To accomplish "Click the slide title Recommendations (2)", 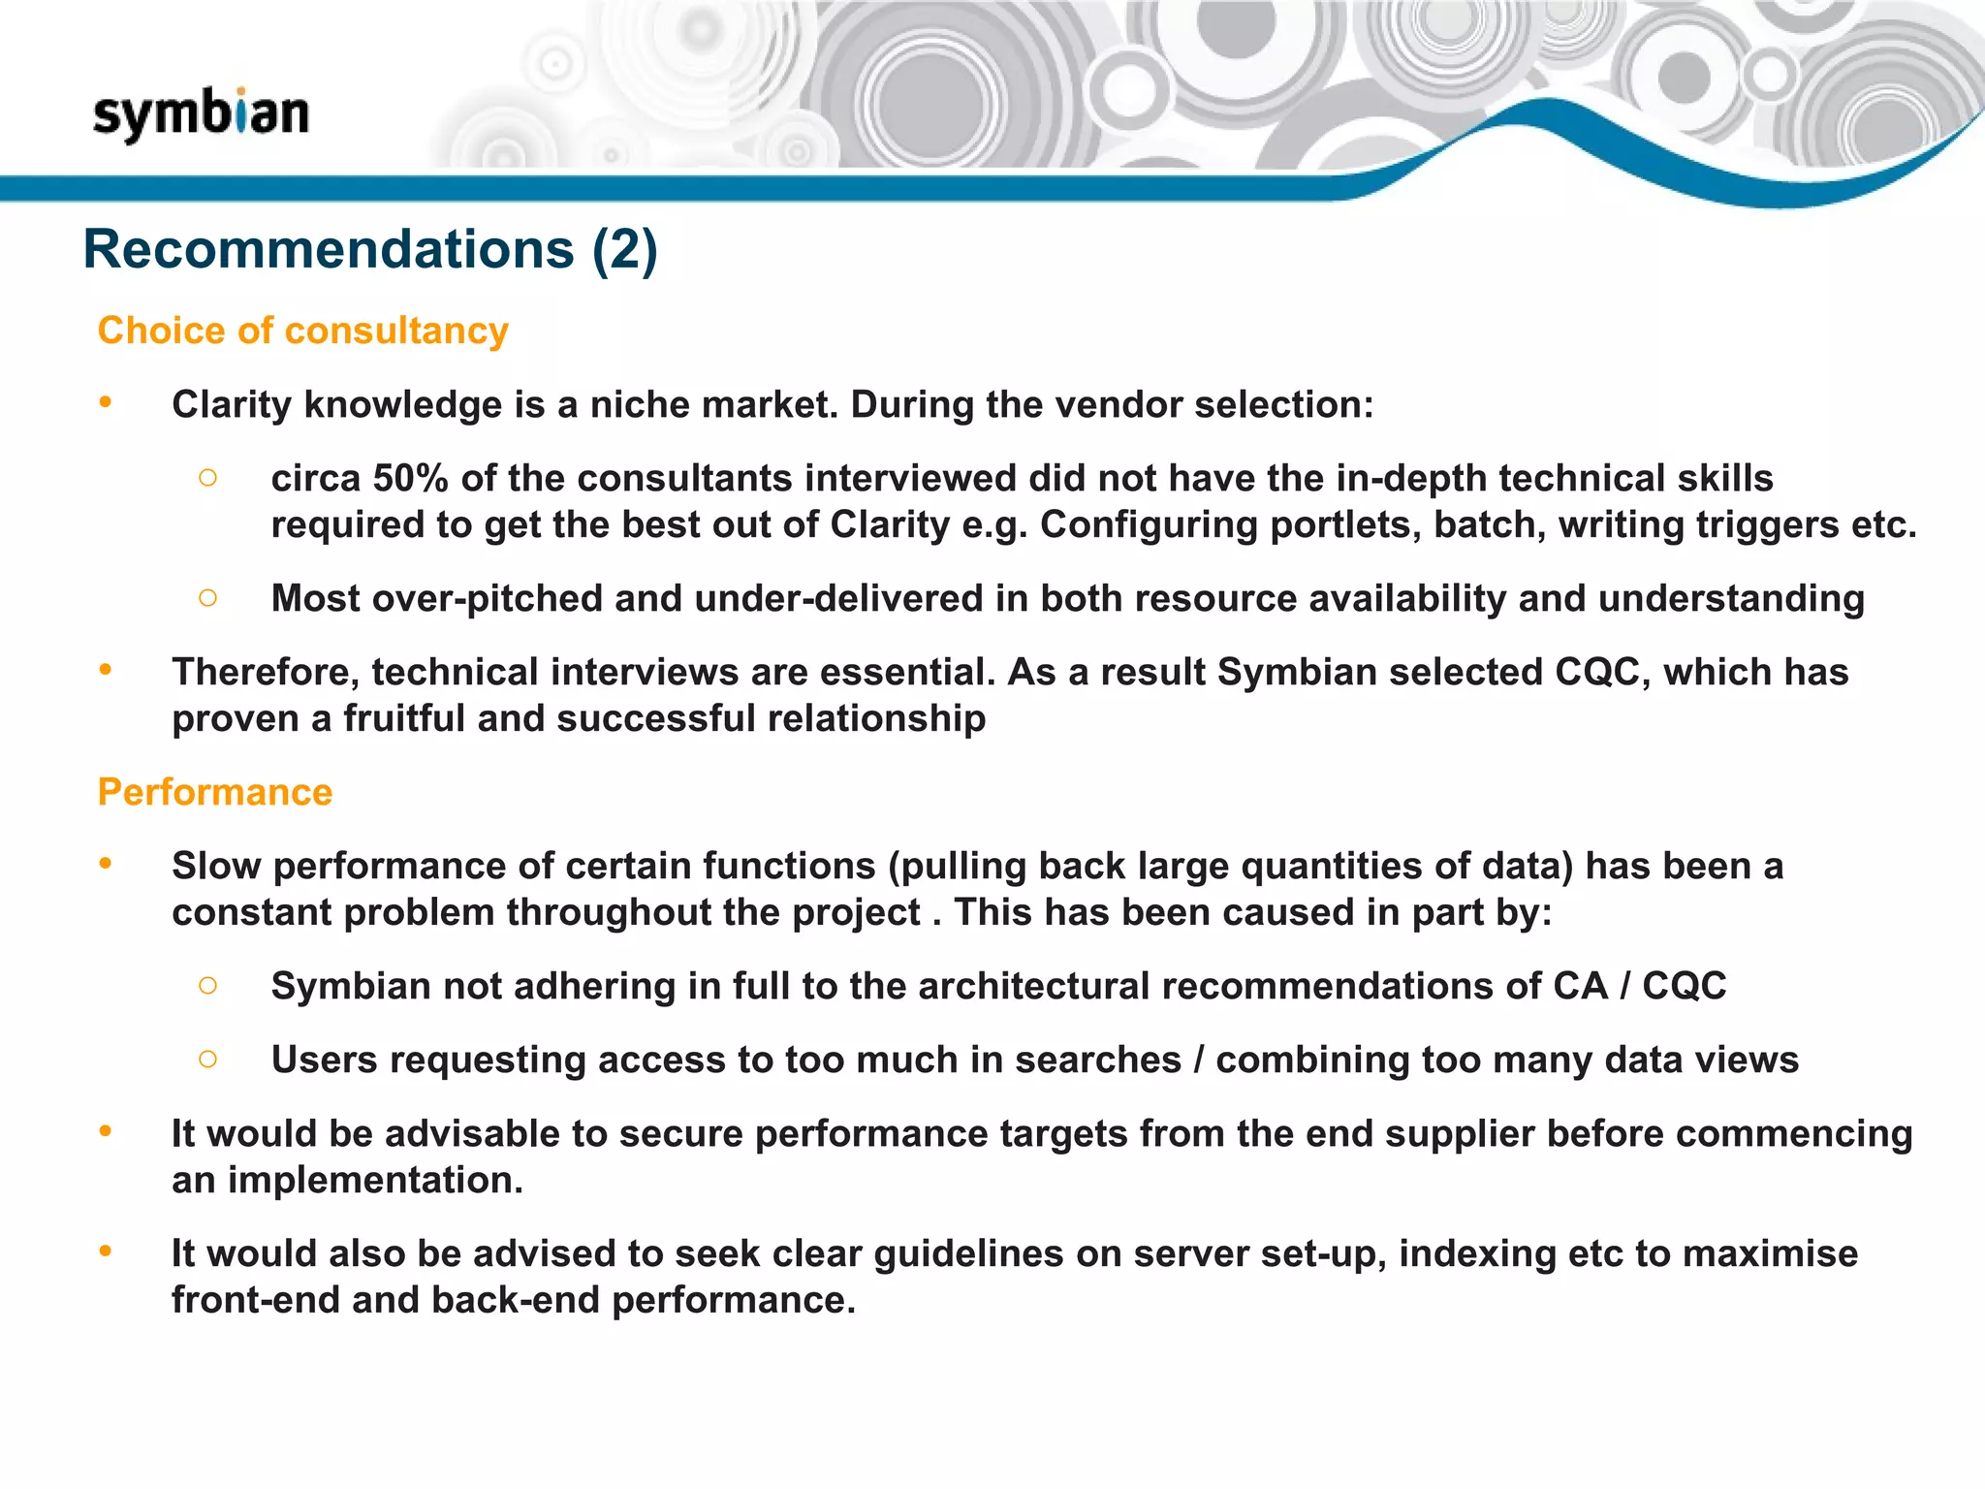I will [370, 249].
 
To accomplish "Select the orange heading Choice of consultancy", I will [303, 331].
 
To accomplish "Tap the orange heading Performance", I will [215, 792].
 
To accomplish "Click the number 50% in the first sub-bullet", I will [411, 478].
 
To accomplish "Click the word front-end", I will [255, 1300].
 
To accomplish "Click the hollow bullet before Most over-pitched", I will [207, 598].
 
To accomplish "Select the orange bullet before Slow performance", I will [106, 863].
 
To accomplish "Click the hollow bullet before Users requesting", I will [207, 1059].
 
